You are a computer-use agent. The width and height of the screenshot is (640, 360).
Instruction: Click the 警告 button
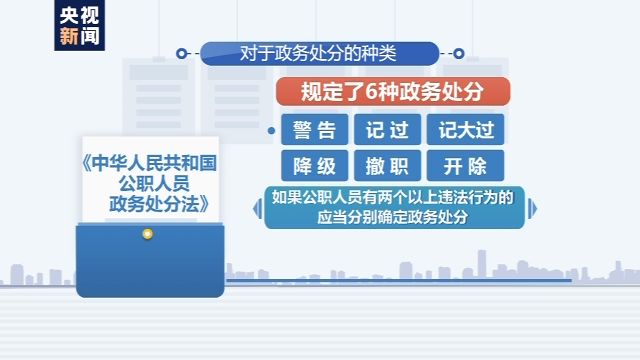point(315,129)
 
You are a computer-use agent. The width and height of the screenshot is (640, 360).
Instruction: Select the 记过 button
point(390,129)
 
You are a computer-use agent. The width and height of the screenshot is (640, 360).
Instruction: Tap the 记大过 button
point(465,129)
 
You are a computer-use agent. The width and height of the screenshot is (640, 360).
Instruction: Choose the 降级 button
point(315,165)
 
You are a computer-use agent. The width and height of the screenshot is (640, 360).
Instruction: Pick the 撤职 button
point(390,165)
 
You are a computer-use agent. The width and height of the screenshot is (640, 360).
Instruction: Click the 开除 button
point(465,165)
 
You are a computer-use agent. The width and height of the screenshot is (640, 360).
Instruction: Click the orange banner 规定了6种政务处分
point(392,93)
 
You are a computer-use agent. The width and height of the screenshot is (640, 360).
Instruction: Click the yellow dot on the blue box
point(148,234)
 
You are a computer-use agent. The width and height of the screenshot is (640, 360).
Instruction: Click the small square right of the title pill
point(459,51)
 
